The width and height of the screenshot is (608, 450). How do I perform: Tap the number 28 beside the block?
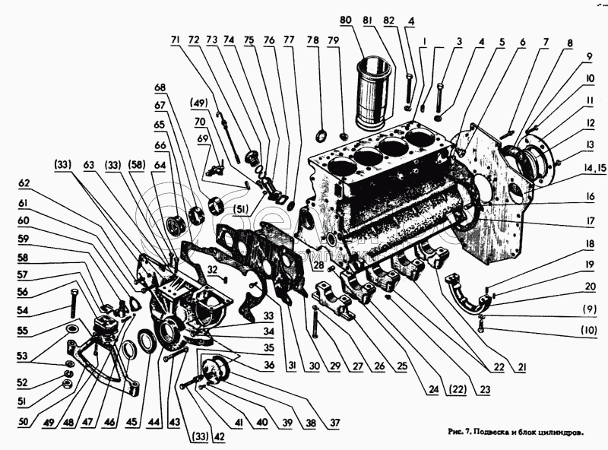tap(319, 268)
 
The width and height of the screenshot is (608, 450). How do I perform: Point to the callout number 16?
tap(569, 197)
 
